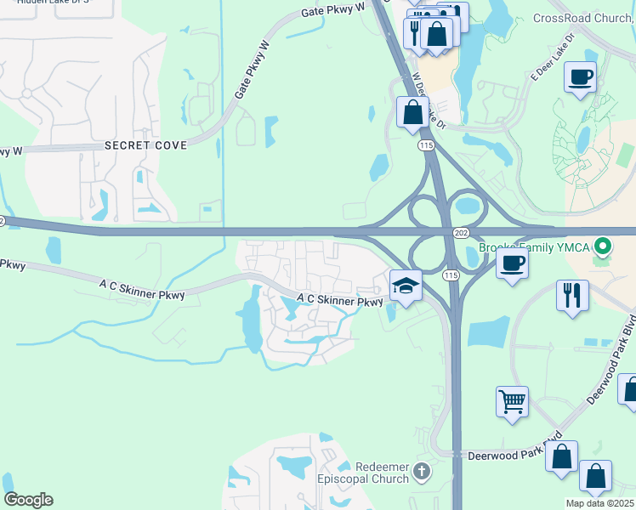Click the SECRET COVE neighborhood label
(145, 145)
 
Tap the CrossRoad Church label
(583, 18)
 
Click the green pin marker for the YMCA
(603, 247)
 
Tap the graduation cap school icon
(406, 286)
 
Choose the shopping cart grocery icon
(513, 401)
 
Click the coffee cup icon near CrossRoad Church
(580, 77)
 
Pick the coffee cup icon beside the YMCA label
(512, 263)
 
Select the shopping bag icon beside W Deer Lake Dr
(412, 112)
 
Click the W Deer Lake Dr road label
(429, 99)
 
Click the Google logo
(28, 500)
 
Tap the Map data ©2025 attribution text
(599, 503)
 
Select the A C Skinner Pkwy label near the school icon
(340, 300)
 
